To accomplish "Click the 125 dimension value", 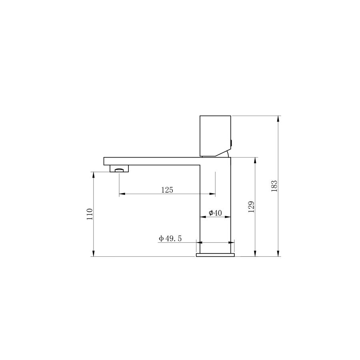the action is tap(167, 190).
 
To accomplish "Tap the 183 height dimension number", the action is tap(274, 186).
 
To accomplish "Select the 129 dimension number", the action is tap(252, 207).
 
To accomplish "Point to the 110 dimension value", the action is tap(90, 214).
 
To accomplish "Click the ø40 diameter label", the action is tap(215, 213).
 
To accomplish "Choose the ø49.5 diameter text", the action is tap(170, 238).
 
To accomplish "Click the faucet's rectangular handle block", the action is tap(215, 136).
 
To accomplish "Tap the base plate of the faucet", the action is tap(215, 255).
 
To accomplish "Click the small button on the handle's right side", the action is tap(232, 143).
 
